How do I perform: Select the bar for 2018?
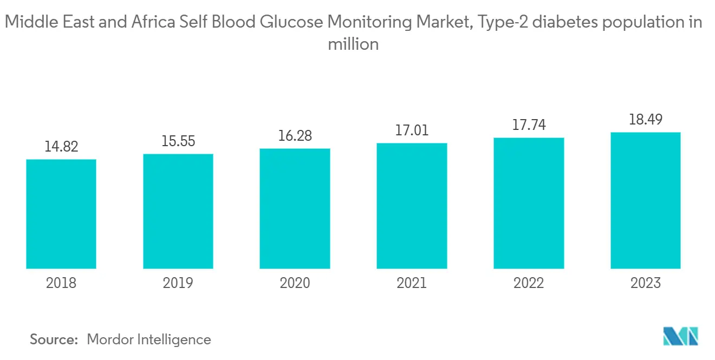coord(61,214)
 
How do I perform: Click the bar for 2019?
coord(178,211)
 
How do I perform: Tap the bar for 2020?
coord(295,208)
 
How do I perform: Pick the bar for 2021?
coord(412,206)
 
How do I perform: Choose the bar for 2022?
coord(529,203)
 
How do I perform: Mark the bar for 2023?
coord(645,200)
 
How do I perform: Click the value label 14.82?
coord(61,147)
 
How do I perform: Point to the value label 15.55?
coord(178,141)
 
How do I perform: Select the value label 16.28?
coord(295,135)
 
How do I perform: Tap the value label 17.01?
coord(412,130)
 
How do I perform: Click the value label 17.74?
coord(529,125)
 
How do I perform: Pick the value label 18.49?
coord(645,119)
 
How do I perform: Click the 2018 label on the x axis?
coord(61,283)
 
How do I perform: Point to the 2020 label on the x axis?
coord(295,283)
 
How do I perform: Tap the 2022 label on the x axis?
coord(529,283)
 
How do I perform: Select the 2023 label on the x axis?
coord(645,283)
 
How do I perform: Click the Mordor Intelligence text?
coord(149,339)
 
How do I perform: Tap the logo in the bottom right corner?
coord(681,336)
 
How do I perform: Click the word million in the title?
coord(353,44)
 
